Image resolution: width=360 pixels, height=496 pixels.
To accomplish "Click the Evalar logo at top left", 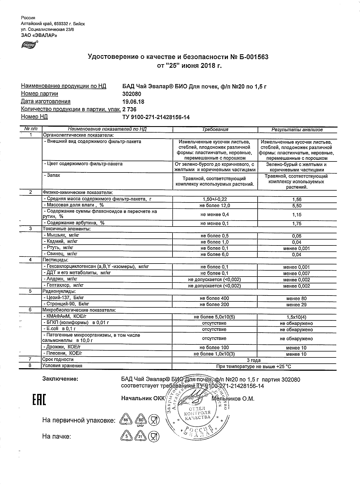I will [29, 44].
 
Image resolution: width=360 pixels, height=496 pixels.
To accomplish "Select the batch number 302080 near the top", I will [132, 94].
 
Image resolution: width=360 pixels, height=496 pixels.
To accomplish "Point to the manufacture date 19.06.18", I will [133, 102].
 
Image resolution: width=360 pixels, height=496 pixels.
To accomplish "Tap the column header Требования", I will [215, 130].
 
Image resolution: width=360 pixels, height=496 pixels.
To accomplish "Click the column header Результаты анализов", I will [297, 130].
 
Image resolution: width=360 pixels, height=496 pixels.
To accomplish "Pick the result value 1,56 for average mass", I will [297, 199].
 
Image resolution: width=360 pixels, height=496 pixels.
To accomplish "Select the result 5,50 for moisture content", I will [297, 206].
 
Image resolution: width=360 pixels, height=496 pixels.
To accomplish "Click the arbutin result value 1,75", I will [297, 224].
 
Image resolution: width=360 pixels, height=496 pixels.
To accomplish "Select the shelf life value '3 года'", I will [254, 360].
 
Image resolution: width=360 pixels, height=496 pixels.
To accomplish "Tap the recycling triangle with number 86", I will [126, 420].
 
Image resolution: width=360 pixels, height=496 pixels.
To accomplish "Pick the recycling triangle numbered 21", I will [140, 436].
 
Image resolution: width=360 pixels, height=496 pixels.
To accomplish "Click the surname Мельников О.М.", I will [233, 399].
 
